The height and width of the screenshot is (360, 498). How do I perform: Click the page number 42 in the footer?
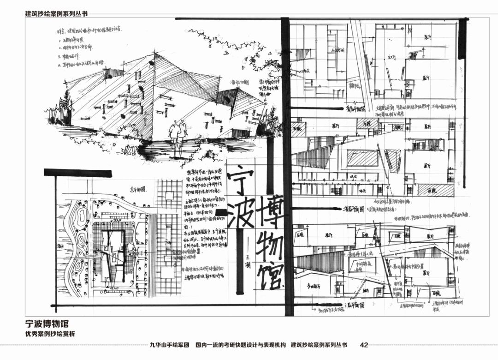pyautogui.click(x=363, y=345)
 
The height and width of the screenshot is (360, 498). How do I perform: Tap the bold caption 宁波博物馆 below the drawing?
pyautogui.click(x=49, y=324)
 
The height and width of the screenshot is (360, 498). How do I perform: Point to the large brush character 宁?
pyautogui.click(x=240, y=180)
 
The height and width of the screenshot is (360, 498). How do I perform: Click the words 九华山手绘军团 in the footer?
pyautogui.click(x=170, y=345)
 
